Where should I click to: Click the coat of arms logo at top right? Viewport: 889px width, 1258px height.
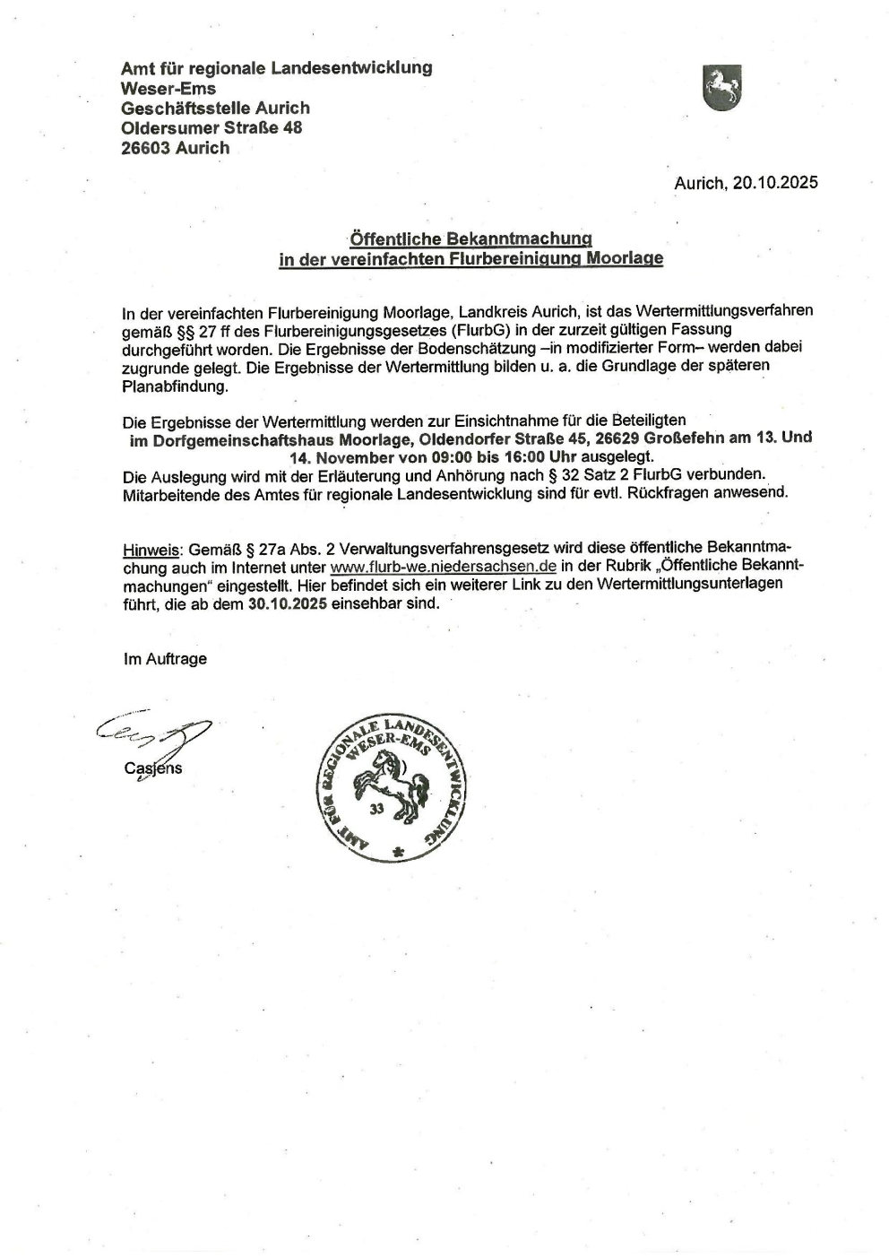click(x=721, y=88)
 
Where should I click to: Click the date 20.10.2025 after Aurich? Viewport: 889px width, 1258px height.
click(x=775, y=184)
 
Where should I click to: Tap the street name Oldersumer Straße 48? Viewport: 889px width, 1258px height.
click(x=211, y=127)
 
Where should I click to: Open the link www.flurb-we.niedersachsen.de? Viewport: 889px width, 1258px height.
click(x=444, y=568)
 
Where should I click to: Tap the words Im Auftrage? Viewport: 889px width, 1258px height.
click(x=165, y=659)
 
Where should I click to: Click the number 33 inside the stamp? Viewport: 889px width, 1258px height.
click(x=375, y=808)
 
